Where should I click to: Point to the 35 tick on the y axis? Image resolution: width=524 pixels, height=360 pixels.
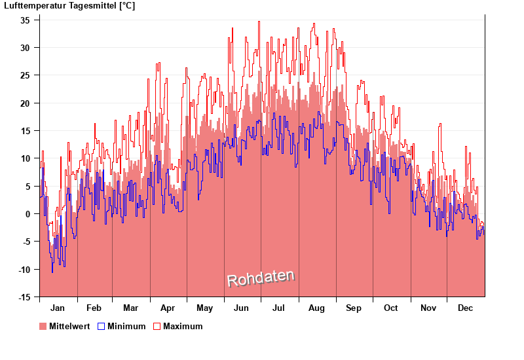(x=25, y=20)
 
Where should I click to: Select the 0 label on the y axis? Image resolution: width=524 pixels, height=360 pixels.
(x=28, y=214)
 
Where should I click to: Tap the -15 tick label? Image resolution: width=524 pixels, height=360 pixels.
(x=23, y=297)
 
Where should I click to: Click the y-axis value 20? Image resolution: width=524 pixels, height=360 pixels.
(x=25, y=103)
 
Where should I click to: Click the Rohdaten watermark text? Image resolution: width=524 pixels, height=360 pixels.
(x=261, y=279)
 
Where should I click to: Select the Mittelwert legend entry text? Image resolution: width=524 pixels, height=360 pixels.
(x=69, y=327)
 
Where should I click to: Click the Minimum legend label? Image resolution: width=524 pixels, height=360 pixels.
(x=126, y=327)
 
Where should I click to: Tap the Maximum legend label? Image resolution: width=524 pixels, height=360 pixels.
(x=183, y=327)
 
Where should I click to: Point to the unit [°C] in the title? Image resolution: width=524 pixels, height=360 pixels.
(x=126, y=6)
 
